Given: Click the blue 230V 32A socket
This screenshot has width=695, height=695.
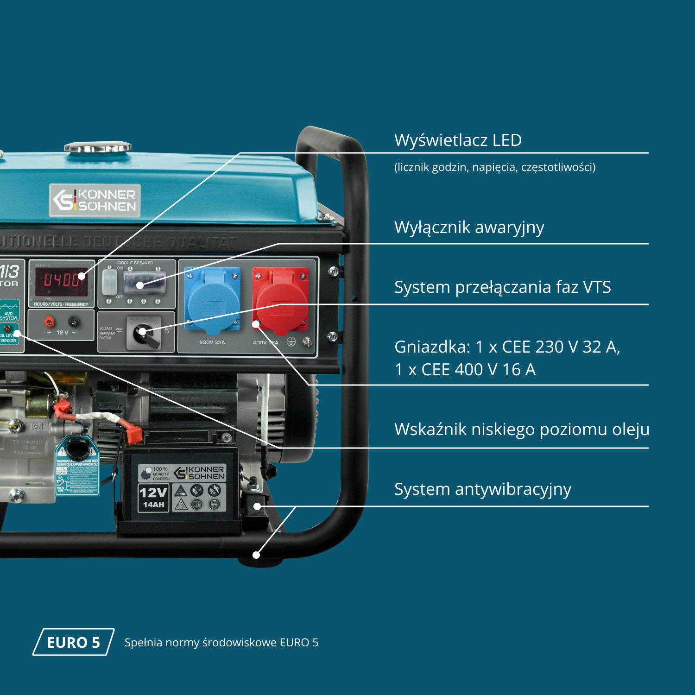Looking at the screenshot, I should point(213,300).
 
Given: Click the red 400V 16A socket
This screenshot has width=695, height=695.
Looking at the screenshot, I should point(281,300).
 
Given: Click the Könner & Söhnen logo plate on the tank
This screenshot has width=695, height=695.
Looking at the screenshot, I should point(95,201).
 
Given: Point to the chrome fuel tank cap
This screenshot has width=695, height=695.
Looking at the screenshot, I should point(98,147).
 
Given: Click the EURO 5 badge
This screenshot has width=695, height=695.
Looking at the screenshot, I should point(73,642).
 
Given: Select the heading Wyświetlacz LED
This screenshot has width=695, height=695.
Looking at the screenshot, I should point(458,140).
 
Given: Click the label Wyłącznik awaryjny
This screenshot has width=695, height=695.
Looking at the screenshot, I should point(469,227).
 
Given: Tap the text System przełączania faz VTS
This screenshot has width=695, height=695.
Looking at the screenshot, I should point(502,287).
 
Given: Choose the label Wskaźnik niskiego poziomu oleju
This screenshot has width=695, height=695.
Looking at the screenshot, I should point(521,429).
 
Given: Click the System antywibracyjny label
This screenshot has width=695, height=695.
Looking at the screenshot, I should point(482,489).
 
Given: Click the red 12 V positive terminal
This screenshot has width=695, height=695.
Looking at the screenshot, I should point(49,321).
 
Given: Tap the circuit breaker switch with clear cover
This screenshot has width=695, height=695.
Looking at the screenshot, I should point(144,283).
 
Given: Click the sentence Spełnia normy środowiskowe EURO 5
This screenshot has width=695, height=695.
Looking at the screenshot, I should point(221,643).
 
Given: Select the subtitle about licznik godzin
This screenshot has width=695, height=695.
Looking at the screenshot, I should point(494,167).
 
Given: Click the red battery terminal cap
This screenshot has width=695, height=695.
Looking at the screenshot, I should point(133,433).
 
